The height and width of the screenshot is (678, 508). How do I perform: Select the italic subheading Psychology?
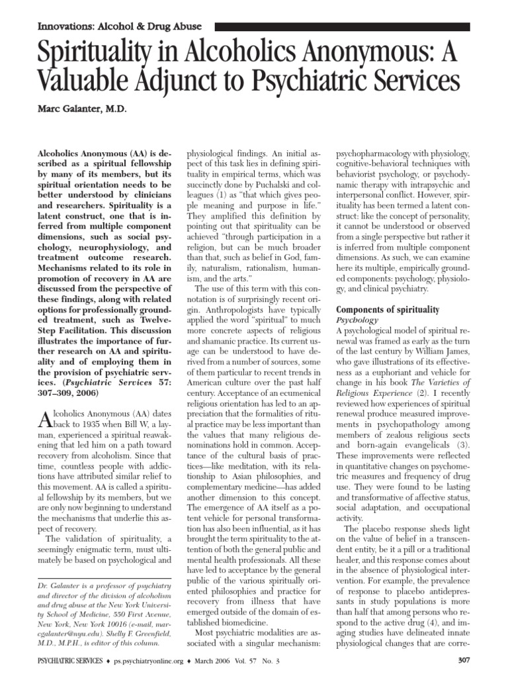point(357,320)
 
